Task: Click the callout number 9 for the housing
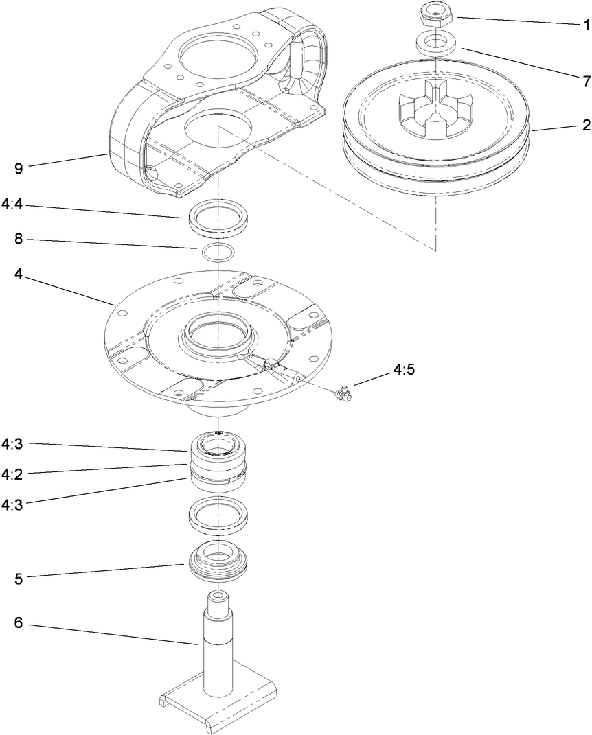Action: click(x=20, y=167)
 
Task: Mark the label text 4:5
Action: click(x=404, y=370)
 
